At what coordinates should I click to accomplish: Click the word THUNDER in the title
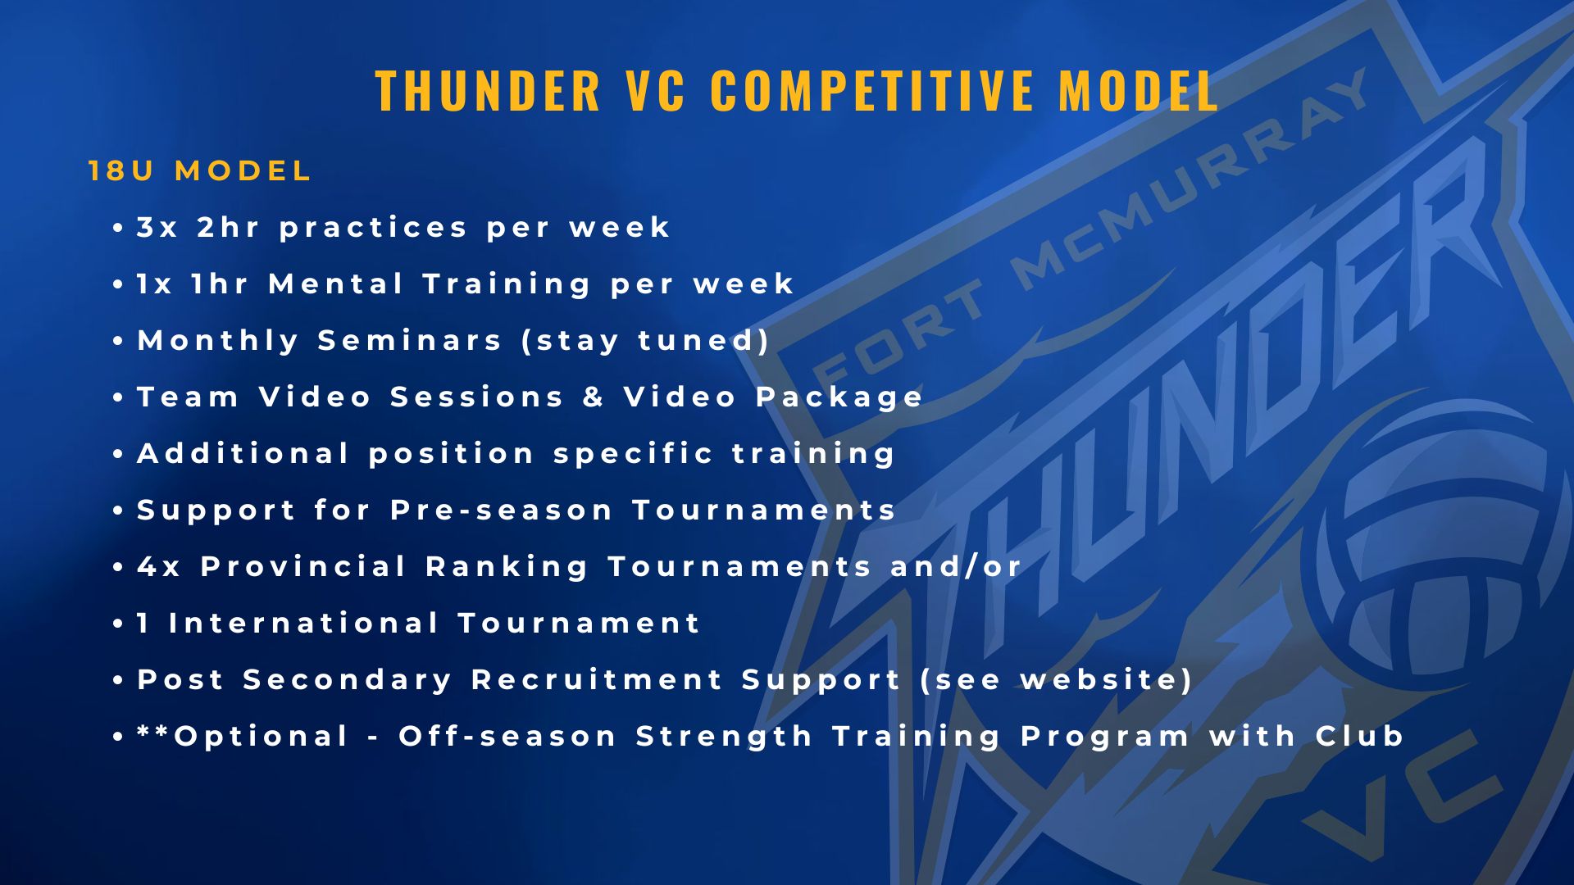488,90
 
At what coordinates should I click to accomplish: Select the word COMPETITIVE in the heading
872,90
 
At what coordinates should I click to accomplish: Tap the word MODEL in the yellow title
1139,90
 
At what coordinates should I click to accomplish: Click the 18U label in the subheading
121,171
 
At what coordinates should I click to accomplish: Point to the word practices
373,229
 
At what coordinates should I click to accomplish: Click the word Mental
336,284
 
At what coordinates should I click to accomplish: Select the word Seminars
409,340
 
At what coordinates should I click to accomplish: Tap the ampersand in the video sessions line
594,397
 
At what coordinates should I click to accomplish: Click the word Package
839,398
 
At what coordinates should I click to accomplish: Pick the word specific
633,455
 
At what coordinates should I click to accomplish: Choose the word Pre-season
501,511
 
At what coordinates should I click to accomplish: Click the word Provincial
303,566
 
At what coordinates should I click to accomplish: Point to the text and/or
956,566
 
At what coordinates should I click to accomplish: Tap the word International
304,623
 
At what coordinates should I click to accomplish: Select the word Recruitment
597,679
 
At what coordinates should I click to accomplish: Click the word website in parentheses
1097,679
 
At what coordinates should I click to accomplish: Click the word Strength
724,737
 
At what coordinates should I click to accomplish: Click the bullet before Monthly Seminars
119,341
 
